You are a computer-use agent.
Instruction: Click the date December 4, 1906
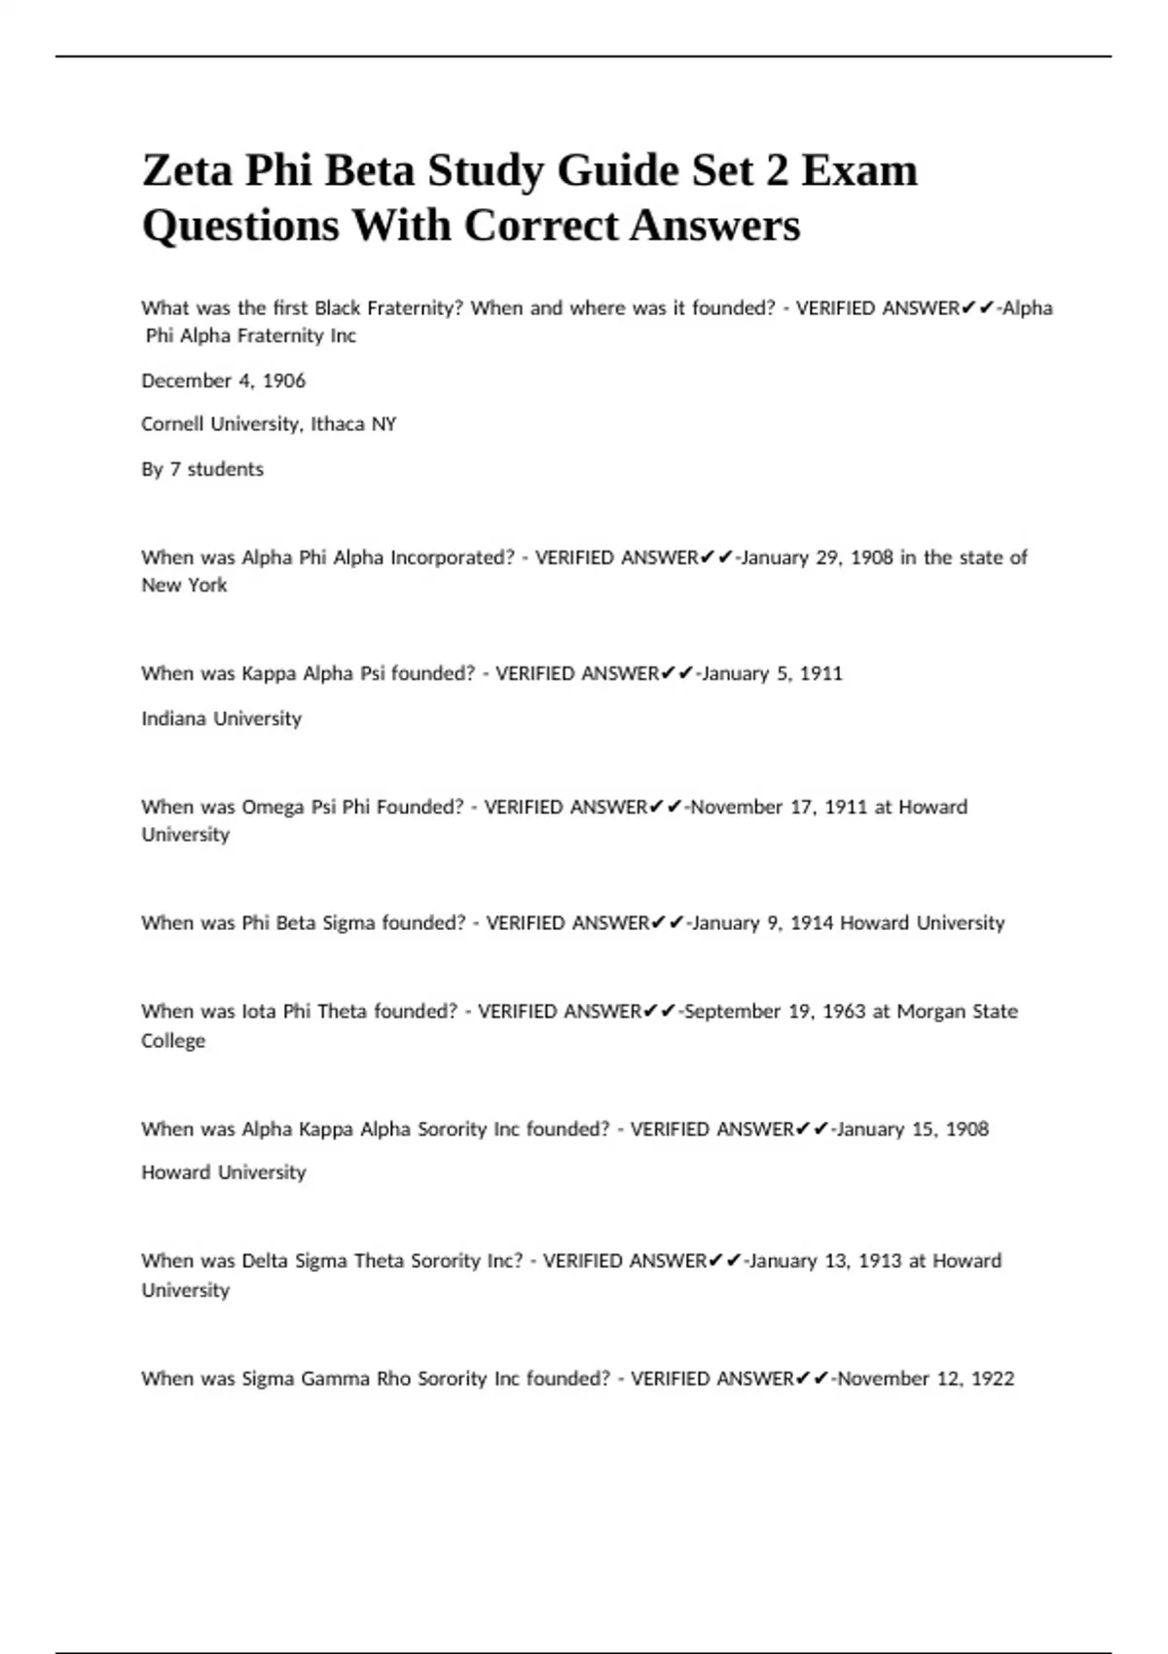click(223, 380)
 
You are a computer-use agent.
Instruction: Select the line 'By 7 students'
click(202, 469)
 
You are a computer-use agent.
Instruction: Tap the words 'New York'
click(184, 585)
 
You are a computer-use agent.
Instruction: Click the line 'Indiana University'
click(221, 718)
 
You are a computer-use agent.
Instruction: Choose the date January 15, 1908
click(912, 1129)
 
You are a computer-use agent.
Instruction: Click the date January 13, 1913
click(823, 1261)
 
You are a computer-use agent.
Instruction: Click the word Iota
click(259, 1012)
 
